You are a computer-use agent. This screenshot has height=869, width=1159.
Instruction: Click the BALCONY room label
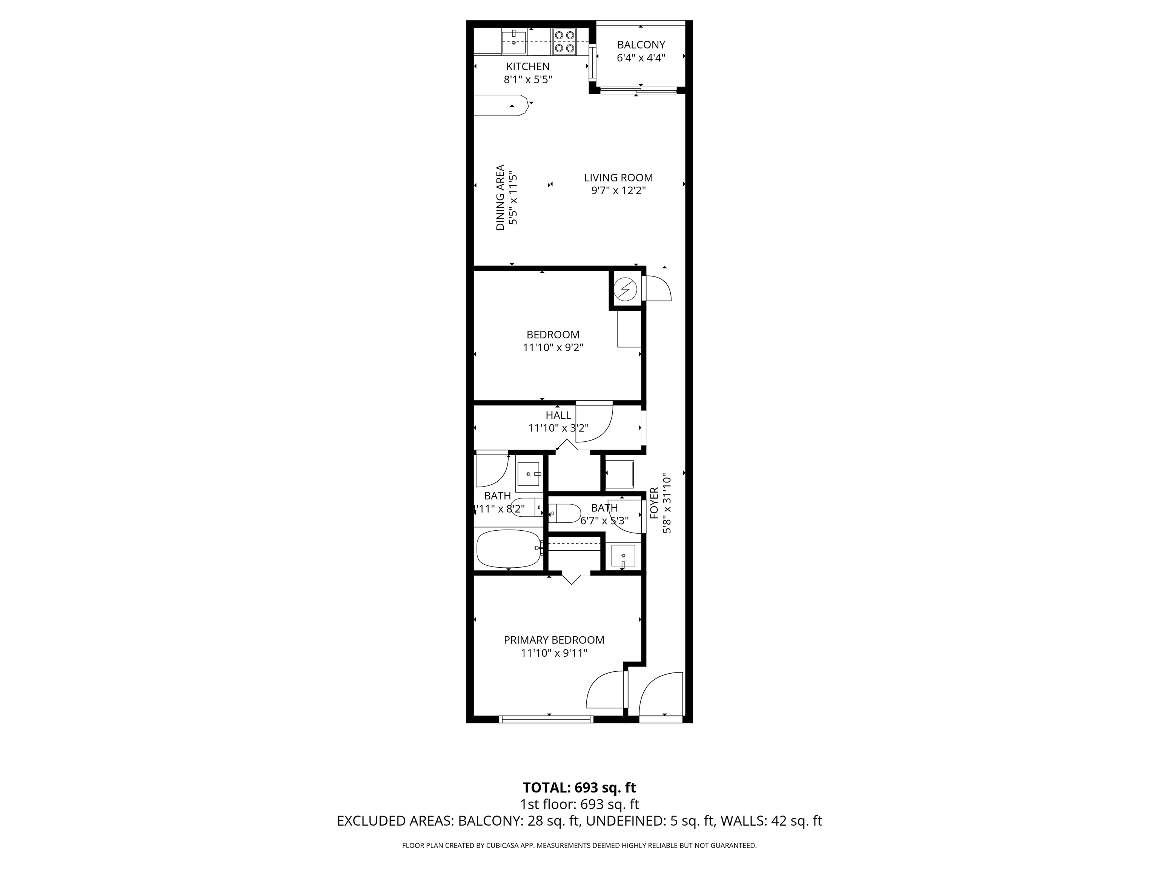641,45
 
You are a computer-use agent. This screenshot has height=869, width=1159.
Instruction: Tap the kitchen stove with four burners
565,41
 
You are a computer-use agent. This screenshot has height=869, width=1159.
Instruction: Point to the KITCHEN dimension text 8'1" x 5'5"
528,80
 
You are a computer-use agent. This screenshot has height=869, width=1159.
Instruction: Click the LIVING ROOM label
618,178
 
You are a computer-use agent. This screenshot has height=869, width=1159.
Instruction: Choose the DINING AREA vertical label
500,198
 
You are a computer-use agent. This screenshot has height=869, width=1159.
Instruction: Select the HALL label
558,415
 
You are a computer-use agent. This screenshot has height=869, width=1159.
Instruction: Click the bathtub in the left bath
509,549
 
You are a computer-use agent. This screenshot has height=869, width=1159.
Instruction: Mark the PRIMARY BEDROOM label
554,640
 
